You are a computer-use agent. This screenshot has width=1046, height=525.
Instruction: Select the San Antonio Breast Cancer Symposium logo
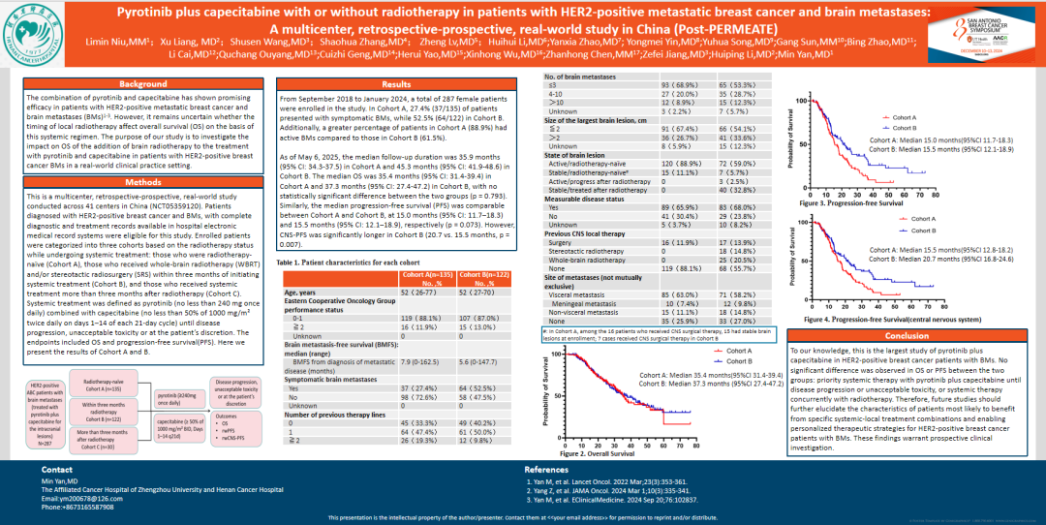click(988, 30)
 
